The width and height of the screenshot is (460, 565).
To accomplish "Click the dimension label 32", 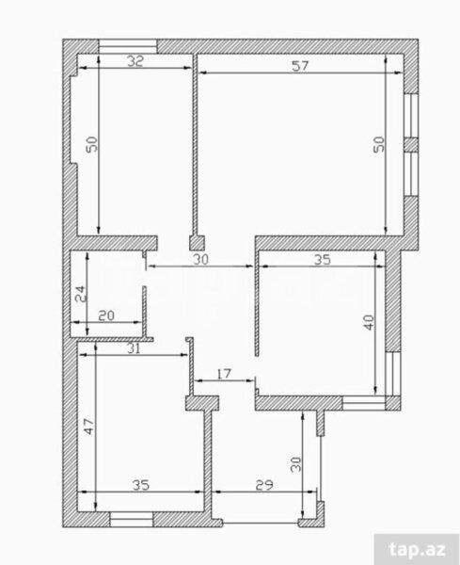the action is click(135, 61).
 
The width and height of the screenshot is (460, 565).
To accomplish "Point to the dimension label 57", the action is click(300, 66).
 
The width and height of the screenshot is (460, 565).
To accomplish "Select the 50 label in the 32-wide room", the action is click(92, 144).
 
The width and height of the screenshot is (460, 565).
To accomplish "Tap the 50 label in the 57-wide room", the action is click(378, 144).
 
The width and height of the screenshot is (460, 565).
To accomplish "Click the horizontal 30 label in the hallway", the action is click(200, 259).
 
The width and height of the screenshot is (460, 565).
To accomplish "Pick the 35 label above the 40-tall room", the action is click(322, 260).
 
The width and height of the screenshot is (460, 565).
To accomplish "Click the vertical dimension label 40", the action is click(369, 322).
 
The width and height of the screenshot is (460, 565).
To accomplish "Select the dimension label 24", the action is click(81, 294).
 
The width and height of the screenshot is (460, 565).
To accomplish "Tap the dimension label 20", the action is click(106, 315).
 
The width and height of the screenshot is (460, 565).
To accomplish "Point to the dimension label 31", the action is click(134, 348).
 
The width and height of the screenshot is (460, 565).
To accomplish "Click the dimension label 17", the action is click(224, 374).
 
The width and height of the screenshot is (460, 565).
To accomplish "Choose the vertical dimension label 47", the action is click(89, 426).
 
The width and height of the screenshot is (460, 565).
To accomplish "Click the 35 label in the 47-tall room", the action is click(141, 485).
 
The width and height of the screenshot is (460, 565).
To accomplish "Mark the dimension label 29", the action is click(264, 485).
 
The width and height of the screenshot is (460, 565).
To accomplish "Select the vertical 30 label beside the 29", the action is click(296, 464).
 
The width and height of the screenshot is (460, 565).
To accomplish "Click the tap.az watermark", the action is click(418, 550).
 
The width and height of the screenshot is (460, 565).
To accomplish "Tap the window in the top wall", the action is click(128, 46).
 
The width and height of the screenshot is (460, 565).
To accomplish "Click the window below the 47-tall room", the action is click(132, 520).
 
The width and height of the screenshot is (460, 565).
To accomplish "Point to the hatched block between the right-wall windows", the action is click(411, 145).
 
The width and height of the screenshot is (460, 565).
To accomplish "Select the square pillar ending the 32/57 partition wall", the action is click(198, 243).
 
